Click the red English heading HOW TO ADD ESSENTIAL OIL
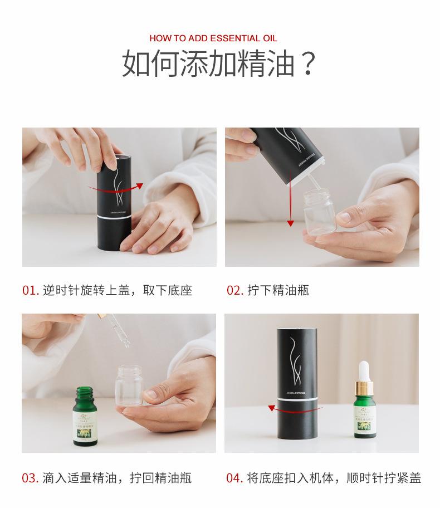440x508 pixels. [x=213, y=38]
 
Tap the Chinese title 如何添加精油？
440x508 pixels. [x=219, y=63]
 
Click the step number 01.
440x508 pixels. [x=30, y=290]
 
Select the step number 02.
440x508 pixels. [x=234, y=290]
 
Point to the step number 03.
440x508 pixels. [x=30, y=478]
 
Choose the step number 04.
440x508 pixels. [x=234, y=478]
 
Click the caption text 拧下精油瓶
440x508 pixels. [x=278, y=290]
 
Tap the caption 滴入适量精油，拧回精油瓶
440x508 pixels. [x=117, y=478]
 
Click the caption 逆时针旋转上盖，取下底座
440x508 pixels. [x=117, y=290]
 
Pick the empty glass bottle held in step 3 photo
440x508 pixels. [x=130, y=385]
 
